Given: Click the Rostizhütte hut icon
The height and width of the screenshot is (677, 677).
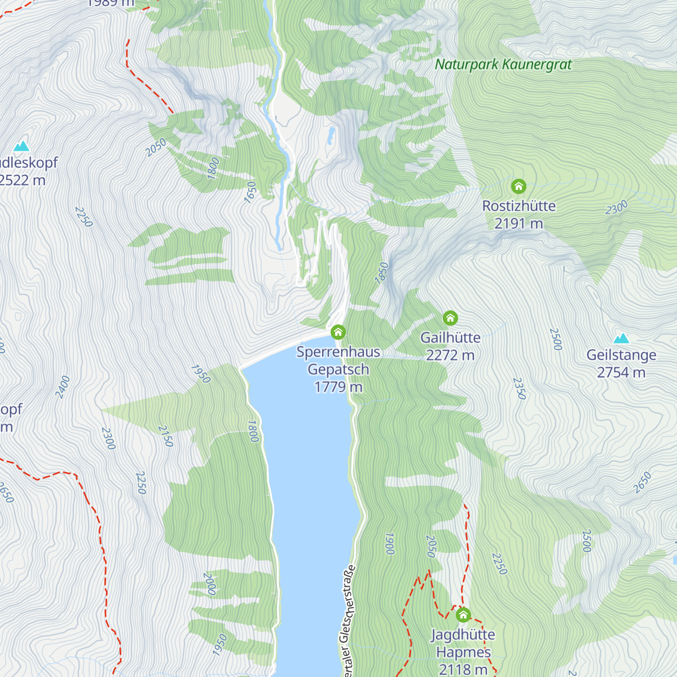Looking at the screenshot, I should pos(518,186).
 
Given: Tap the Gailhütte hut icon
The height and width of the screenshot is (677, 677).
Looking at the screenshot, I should pos(450,318).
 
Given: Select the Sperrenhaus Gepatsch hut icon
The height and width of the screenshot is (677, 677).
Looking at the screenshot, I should pos(338,331).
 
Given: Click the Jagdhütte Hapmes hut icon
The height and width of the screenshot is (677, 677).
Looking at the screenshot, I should pos(463,614).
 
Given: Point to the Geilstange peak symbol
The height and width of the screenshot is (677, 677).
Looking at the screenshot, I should pos(621,338).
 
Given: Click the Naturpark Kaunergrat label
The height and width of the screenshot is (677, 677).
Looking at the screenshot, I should pos(503,64).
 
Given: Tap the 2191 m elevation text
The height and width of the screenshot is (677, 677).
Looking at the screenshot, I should pos(518,224).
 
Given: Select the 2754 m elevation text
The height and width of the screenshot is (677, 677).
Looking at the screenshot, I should pos(621,372).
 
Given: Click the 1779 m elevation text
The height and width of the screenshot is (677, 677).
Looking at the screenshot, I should pos(338,387).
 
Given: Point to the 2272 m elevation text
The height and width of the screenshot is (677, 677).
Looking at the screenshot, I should pos(450,355).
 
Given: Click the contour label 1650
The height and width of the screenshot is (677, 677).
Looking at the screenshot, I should pos(250,192).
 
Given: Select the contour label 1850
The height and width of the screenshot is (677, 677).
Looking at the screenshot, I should pos(382,272).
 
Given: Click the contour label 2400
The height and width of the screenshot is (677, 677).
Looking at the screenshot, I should pos(63,387).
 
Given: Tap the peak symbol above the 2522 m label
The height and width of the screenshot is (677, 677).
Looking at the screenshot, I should pos(21,146).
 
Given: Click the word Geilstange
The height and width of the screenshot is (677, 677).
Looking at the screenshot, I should pos(621,355).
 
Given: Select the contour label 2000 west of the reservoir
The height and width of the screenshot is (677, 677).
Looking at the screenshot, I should pos(209,584).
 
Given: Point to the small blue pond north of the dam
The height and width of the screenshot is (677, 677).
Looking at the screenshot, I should pos(331,135).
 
